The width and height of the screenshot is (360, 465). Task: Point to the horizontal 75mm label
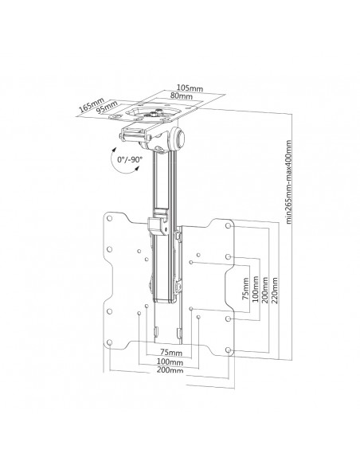pos(170,353)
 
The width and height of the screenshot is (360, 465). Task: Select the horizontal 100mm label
pos(170,362)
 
